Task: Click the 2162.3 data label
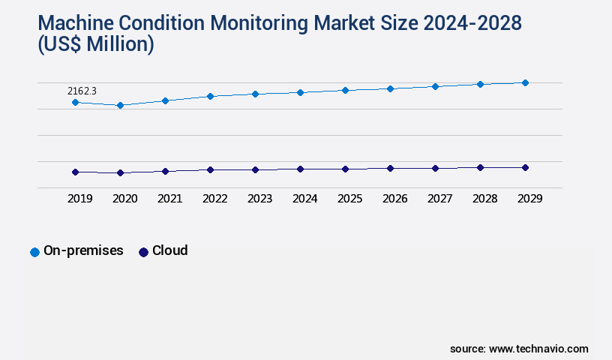[x=82, y=91]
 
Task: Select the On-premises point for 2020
[x=120, y=106]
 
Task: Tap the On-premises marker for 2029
[x=525, y=82]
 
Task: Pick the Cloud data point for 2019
[x=75, y=172]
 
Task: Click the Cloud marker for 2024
[x=300, y=169]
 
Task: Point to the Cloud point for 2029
[x=525, y=167]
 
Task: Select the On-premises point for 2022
[x=210, y=96]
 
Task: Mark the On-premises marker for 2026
[x=390, y=88]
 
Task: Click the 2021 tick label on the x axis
[x=169, y=199]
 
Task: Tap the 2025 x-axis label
[x=349, y=199]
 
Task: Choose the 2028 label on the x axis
[x=484, y=199]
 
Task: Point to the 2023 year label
[x=259, y=199]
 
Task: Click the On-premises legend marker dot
[x=34, y=252]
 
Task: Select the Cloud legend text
[x=169, y=250]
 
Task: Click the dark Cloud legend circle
[x=143, y=252]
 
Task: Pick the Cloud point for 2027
[x=435, y=168]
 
